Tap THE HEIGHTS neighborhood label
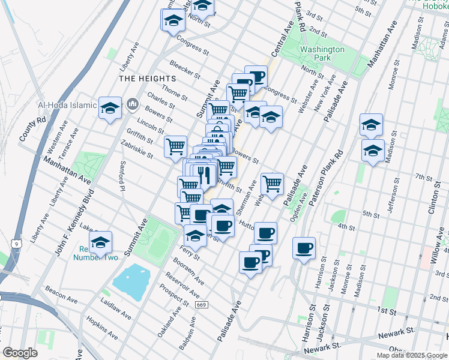coord(148,79)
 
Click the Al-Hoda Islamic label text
coord(67,105)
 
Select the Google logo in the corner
coord(20,353)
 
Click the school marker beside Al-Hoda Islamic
coord(110,108)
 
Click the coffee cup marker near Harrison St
coord(304,248)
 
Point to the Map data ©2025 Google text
coord(412,355)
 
